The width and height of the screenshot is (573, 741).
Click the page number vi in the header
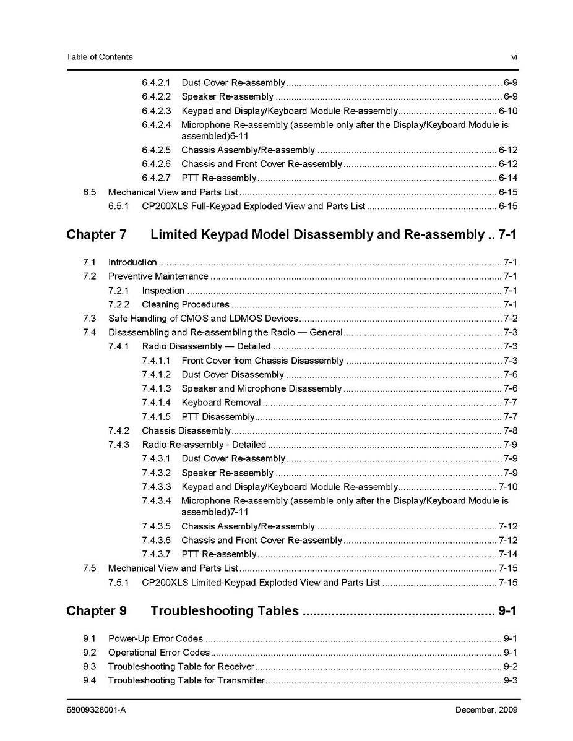[x=514, y=57]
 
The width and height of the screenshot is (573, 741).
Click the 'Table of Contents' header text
[x=99, y=57]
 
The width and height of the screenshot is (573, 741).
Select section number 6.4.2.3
[x=156, y=111]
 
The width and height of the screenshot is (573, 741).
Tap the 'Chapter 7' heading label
[x=97, y=235]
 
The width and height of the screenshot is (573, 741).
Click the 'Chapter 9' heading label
[x=97, y=611]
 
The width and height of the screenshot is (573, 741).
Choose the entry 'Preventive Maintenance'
[x=158, y=276]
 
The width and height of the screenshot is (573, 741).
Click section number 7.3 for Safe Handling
[x=90, y=319]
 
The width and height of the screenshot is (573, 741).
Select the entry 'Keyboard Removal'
[x=221, y=403]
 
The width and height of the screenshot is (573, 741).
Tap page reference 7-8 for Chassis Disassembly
[x=511, y=431]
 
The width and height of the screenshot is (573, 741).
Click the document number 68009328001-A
[x=96, y=709]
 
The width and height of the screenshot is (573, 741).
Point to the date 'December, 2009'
[x=486, y=709]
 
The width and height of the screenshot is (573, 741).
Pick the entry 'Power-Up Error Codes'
[x=155, y=638]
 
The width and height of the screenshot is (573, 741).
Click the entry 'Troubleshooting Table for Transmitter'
[x=186, y=680]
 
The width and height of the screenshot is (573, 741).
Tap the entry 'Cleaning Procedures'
[x=186, y=304]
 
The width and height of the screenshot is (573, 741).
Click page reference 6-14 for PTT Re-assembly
[x=508, y=178]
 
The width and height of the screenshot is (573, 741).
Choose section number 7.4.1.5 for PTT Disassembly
[x=156, y=417]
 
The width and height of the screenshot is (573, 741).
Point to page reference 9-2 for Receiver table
[x=511, y=666]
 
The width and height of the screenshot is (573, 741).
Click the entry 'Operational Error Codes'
[x=159, y=653]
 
